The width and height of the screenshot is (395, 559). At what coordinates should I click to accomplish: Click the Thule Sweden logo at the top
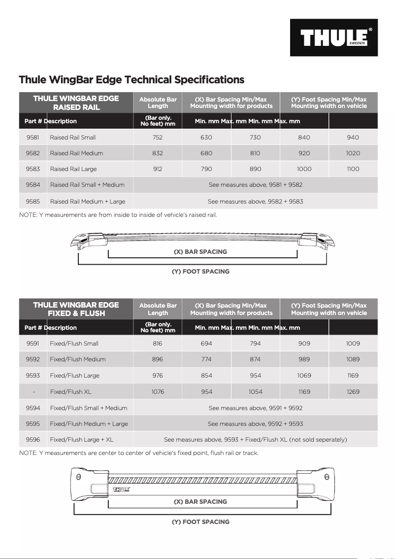(333, 37)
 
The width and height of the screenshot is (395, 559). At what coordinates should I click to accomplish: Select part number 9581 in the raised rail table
(33, 138)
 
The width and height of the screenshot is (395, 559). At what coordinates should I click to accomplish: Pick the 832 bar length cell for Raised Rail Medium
(158, 153)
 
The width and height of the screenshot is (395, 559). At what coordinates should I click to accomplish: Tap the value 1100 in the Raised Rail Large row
(353, 169)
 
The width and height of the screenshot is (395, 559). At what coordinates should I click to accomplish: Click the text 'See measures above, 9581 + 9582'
(255, 185)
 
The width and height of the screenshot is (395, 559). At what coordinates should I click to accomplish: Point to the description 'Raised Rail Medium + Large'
(87, 201)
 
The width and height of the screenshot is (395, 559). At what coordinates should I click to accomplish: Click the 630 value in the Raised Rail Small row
(206, 138)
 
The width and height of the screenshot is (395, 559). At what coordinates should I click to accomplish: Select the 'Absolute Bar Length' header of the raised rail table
(158, 103)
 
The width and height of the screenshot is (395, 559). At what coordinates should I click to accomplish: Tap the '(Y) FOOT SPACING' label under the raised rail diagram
(200, 271)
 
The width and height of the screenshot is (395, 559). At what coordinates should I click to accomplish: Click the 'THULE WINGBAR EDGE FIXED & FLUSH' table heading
(76, 309)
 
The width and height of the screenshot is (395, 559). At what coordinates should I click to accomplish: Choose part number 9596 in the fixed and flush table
(33, 439)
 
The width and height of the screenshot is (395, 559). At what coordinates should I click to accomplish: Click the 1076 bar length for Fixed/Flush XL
(158, 392)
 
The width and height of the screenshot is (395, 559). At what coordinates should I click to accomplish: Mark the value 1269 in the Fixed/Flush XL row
(353, 392)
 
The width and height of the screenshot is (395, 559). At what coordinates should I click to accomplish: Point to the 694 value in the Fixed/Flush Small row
(206, 344)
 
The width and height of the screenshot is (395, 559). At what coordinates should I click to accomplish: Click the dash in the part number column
(33, 392)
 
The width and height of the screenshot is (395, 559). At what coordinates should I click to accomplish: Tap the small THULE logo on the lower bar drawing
(122, 489)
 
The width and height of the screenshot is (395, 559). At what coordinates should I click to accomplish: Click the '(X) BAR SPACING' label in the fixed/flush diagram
(200, 501)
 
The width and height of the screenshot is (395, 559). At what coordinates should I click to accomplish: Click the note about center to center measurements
(138, 453)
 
